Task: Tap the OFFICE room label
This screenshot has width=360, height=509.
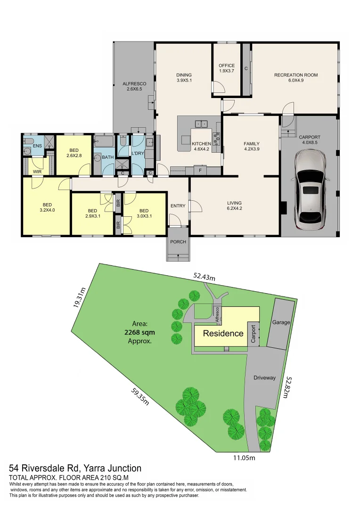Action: click(x=227, y=65)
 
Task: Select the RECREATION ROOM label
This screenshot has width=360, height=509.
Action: click(x=296, y=75)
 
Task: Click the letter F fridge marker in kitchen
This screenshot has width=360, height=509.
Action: click(x=200, y=170)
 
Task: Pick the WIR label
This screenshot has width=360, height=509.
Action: click(x=37, y=172)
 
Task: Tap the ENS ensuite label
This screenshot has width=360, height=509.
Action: click(x=37, y=146)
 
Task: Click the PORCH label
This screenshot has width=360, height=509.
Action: click(x=178, y=241)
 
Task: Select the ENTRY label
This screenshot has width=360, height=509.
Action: click(x=178, y=206)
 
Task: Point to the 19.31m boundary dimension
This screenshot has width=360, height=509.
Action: click(x=79, y=297)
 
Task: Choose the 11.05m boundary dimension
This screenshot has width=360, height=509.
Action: click(x=244, y=458)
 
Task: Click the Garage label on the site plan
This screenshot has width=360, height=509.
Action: click(x=281, y=322)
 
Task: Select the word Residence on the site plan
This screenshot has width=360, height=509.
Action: click(x=223, y=333)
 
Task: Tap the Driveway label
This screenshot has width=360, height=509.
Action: click(x=264, y=378)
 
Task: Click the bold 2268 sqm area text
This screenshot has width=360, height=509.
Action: click(x=139, y=332)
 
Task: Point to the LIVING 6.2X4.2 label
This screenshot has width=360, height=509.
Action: click(x=234, y=205)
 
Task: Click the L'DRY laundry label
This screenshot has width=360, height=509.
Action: click(x=138, y=153)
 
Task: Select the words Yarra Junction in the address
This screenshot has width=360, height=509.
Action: click(x=112, y=468)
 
